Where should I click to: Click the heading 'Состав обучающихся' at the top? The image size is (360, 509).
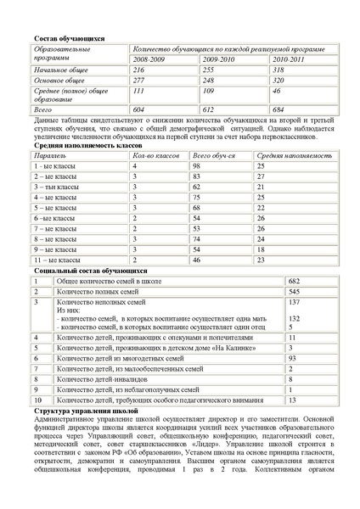click(x=69, y=39)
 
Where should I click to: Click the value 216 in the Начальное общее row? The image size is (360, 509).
click(x=139, y=70)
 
